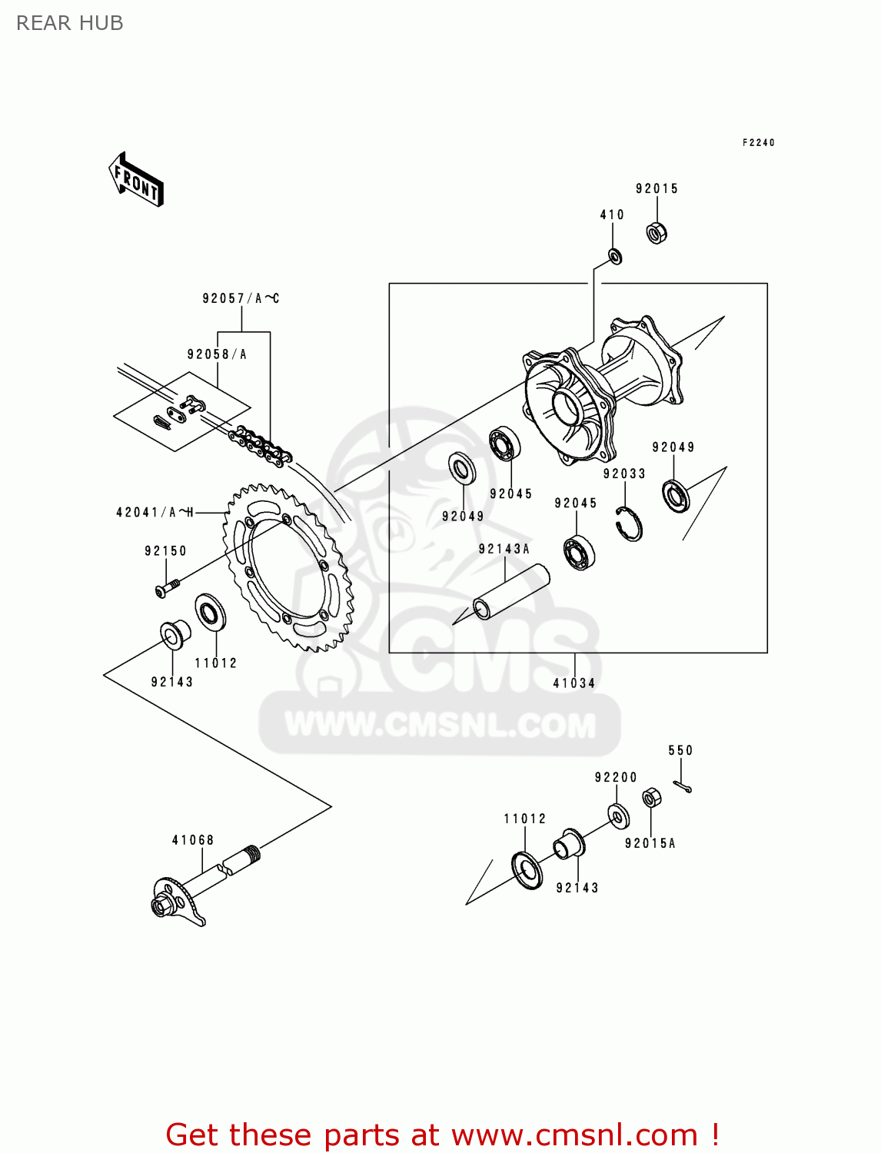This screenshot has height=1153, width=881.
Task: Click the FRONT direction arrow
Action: point(136,180)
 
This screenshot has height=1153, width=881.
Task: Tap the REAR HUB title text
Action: point(70,23)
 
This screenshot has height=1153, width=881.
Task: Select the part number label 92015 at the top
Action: point(657,189)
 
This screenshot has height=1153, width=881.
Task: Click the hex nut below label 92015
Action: point(657,232)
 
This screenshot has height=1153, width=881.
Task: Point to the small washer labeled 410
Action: point(614,256)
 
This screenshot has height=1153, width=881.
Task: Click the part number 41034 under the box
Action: point(574,683)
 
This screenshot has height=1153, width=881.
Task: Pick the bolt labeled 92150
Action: point(166,589)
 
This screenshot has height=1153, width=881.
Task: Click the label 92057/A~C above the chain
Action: point(241,298)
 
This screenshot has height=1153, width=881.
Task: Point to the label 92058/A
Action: point(217,354)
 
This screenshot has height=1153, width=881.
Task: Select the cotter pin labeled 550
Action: point(682,786)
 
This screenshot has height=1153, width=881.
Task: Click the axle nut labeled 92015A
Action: point(651,799)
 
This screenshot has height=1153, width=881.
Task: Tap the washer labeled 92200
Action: point(618,816)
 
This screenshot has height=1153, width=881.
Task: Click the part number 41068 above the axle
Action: point(193,840)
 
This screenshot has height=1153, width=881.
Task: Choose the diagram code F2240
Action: point(758,142)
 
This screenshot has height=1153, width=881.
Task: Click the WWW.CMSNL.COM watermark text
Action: point(440,725)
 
